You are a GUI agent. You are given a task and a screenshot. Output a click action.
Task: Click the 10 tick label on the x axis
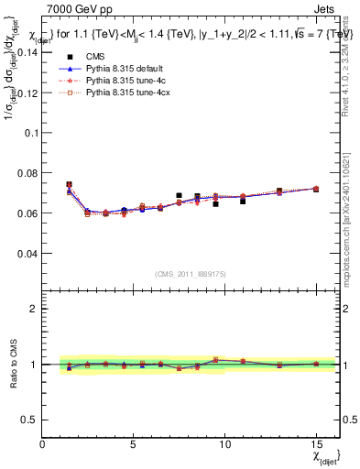click(x=224, y=444)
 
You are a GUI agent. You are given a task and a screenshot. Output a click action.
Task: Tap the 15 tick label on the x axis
click(x=314, y=444)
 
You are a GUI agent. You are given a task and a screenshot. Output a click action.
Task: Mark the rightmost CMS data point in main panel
click(x=315, y=189)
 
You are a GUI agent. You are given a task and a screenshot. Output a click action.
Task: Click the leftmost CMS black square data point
click(x=70, y=184)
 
